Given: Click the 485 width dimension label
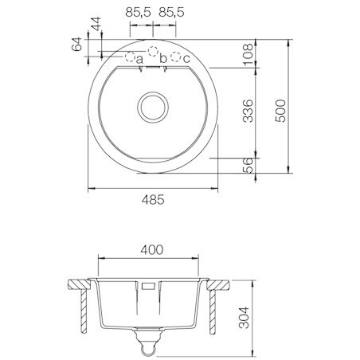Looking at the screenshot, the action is (153, 200).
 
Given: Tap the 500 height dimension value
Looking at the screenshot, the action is (280, 111).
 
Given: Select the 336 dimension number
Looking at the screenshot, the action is (248, 111).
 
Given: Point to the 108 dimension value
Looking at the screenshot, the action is (248, 54).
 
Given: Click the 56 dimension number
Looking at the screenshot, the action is (248, 165).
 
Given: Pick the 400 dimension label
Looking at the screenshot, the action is (152, 250).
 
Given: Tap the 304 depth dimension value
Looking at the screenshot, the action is (244, 318).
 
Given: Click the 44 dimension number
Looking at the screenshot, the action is (96, 24).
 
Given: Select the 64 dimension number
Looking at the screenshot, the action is (76, 44).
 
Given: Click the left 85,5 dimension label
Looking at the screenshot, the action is (138, 13).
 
